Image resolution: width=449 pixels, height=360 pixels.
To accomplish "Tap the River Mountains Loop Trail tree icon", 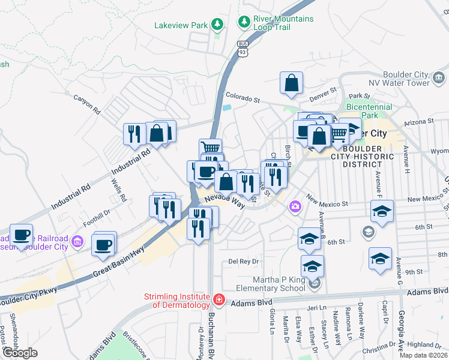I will pyautogui.click(x=244, y=23).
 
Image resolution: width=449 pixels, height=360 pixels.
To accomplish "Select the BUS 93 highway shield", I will pyautogui.click(x=243, y=49).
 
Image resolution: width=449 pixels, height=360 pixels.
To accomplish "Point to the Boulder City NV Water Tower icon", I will pyautogui.click(x=438, y=77).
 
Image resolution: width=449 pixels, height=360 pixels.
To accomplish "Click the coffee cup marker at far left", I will pyautogui.click(x=22, y=235).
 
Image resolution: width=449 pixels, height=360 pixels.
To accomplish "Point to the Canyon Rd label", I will pyautogui.click(x=86, y=104).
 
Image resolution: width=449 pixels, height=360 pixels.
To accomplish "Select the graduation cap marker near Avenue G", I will pyautogui.click(x=380, y=258).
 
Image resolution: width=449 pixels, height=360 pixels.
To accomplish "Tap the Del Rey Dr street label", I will pyautogui.click(x=243, y=262).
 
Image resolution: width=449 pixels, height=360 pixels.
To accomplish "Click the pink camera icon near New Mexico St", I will pyautogui.click(x=295, y=206).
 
